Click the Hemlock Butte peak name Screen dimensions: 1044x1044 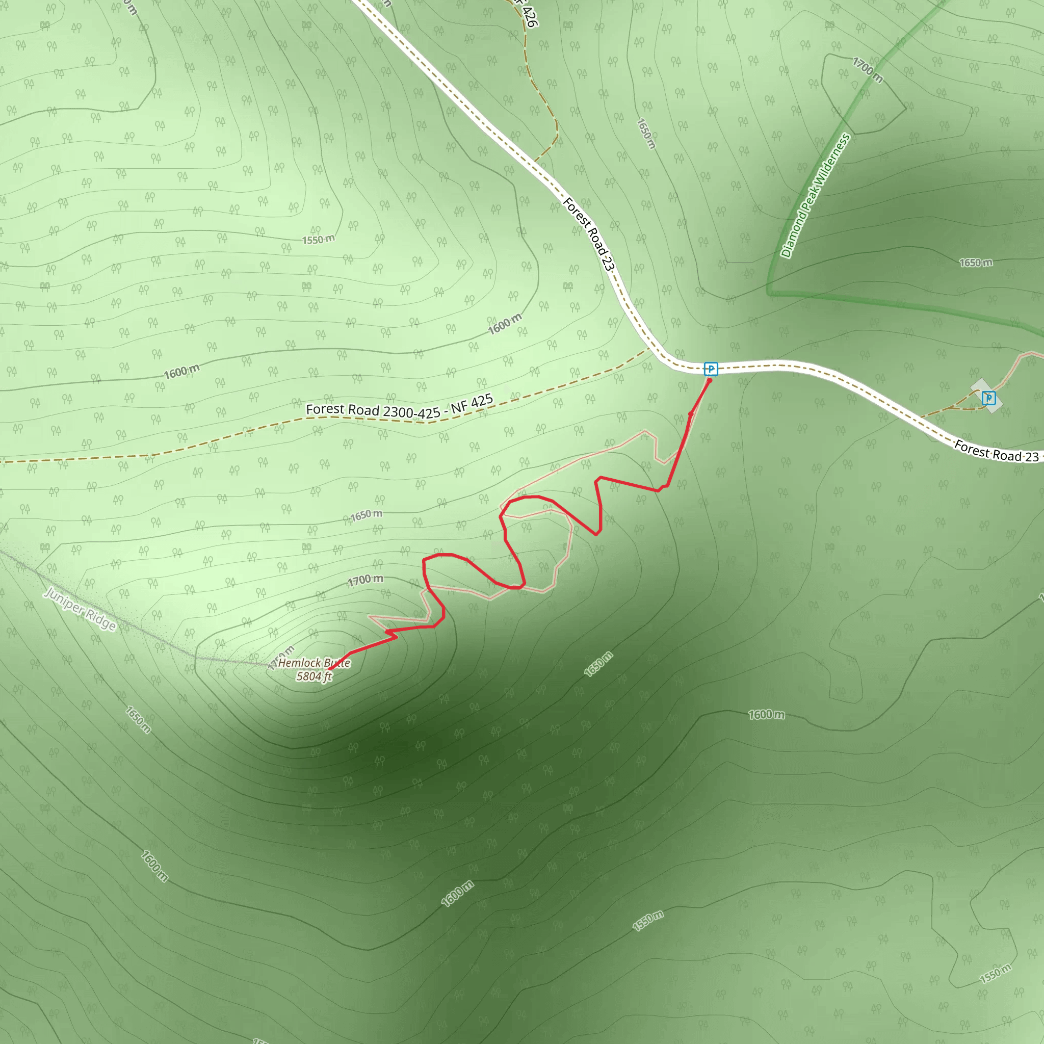click(314, 663)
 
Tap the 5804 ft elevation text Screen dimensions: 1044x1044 click(314, 676)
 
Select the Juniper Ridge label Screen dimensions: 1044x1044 click(80, 609)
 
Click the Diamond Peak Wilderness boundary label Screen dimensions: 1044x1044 click(816, 196)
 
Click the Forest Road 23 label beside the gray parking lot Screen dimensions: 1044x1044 click(997, 452)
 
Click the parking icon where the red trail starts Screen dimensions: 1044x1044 click(711, 369)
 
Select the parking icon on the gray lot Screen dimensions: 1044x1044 click(988, 398)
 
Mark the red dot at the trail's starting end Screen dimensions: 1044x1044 click(710, 380)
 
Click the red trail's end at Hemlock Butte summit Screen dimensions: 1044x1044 click(330, 669)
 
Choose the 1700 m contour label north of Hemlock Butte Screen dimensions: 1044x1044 click(366, 580)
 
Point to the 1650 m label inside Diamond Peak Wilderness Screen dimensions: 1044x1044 click(975, 263)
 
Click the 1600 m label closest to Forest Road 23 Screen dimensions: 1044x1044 click(505, 324)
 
